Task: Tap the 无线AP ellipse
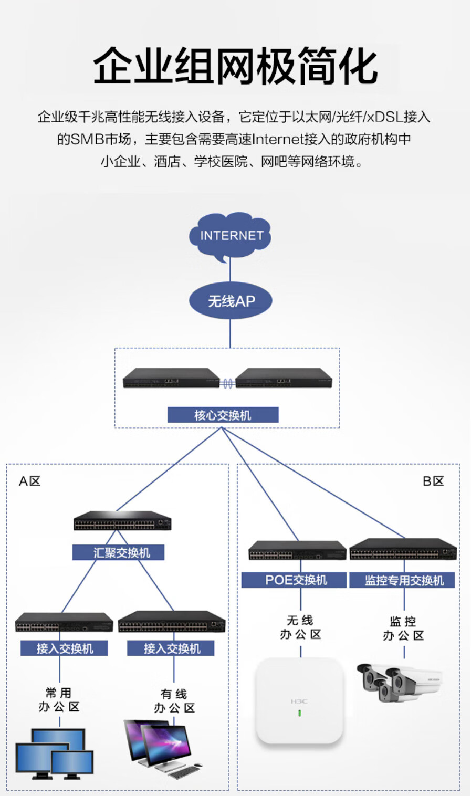coord(231,301)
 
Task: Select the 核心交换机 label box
coord(223,415)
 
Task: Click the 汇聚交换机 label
coord(118,552)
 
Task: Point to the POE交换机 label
coord(294,580)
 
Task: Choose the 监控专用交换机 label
coord(402,580)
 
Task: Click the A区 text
coord(29,481)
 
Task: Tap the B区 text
coord(433,481)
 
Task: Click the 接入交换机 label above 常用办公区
coord(64,648)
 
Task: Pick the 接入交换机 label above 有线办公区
coord(171,648)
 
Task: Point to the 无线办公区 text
coord(300,627)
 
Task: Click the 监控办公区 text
coord(403,629)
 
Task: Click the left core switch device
coord(171,378)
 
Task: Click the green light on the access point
coord(300,713)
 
